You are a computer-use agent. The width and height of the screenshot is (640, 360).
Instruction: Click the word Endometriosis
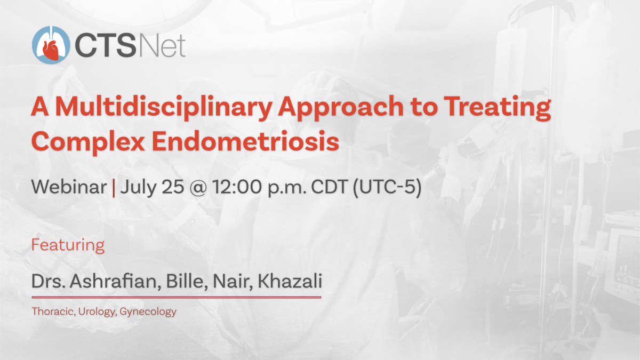click(x=245, y=141)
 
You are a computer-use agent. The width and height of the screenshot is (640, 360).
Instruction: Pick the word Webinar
click(x=69, y=187)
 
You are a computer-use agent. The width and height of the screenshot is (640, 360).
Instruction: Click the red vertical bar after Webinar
click(x=114, y=187)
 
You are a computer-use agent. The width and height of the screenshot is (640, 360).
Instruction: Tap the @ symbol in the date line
click(x=198, y=188)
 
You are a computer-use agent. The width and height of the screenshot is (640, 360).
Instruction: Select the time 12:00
click(x=237, y=187)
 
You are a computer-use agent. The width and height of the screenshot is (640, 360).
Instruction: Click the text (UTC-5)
click(x=387, y=188)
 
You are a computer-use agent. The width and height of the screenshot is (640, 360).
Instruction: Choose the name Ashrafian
click(x=114, y=281)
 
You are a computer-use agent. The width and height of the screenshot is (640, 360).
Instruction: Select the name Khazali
click(x=290, y=281)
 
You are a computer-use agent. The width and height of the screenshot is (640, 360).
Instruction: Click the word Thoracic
click(x=53, y=311)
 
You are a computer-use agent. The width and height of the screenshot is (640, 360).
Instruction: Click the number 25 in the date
click(x=173, y=187)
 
